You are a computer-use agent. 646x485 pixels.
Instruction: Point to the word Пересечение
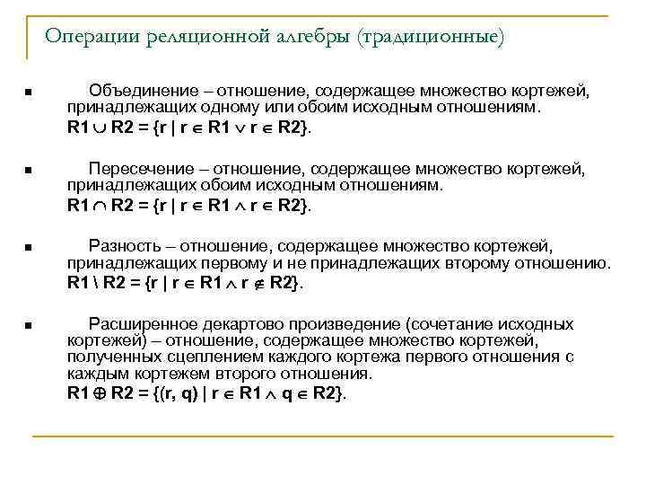139,168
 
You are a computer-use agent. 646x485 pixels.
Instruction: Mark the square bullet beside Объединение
29,92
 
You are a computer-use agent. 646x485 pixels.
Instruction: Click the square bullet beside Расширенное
29,325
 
